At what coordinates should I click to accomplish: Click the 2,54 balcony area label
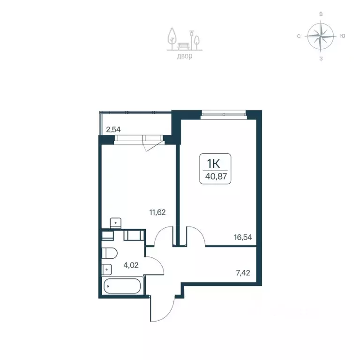tap(113, 130)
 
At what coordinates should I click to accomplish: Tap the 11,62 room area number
tap(157, 212)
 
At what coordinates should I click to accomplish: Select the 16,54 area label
tap(243, 237)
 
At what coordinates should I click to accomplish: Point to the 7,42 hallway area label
tap(243, 273)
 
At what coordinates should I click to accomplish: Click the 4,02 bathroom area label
tap(131, 265)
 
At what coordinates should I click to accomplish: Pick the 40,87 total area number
tap(216, 176)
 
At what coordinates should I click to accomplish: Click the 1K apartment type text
tap(214, 164)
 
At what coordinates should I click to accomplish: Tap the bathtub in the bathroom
tap(122, 286)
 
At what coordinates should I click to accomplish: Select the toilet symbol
tap(110, 253)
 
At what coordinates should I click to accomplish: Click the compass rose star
tap(321, 36)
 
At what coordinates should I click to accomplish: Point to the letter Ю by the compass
tap(343, 36)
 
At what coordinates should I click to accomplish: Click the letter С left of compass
tap(299, 36)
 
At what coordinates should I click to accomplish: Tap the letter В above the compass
tap(321, 14)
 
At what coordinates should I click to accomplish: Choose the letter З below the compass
tap(321, 59)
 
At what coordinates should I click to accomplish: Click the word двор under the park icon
tap(185, 56)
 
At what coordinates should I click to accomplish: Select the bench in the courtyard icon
tap(184, 45)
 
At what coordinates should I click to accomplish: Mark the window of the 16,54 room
tap(224, 114)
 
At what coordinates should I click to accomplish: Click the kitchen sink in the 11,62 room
tap(115, 223)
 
